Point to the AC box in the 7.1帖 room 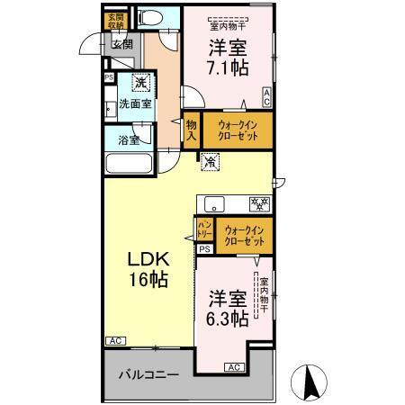pos(267,101)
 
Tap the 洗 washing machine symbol pos(141,84)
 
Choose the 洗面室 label pos(136,104)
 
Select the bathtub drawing pos(132,166)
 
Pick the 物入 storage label pos(191,130)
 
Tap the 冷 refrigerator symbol pos(209,163)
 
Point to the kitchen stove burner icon pos(259,203)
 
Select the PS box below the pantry pos(204,248)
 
